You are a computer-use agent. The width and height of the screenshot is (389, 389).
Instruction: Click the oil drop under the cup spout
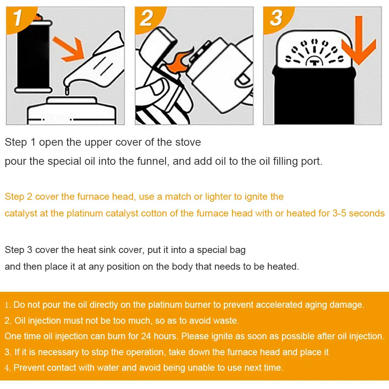point(67,91)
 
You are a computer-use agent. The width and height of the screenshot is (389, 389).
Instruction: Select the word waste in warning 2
point(225,321)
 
